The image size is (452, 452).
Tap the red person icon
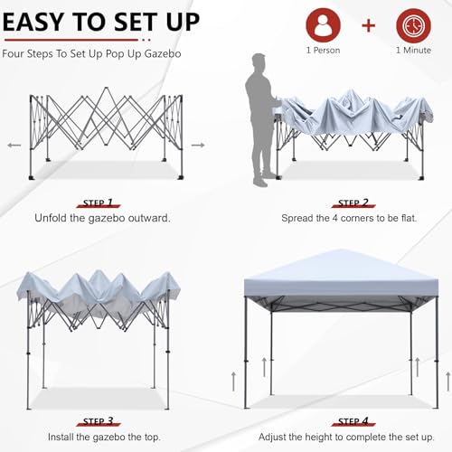324,24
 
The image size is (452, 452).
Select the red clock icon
413,24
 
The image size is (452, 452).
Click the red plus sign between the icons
368,25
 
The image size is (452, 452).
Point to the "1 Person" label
324,51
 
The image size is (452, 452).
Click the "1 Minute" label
413,51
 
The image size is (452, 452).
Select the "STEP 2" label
353,203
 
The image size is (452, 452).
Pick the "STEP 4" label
353,420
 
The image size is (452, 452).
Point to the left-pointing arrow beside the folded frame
14,144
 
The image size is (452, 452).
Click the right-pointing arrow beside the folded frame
198,144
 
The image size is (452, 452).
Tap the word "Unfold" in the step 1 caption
57,219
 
